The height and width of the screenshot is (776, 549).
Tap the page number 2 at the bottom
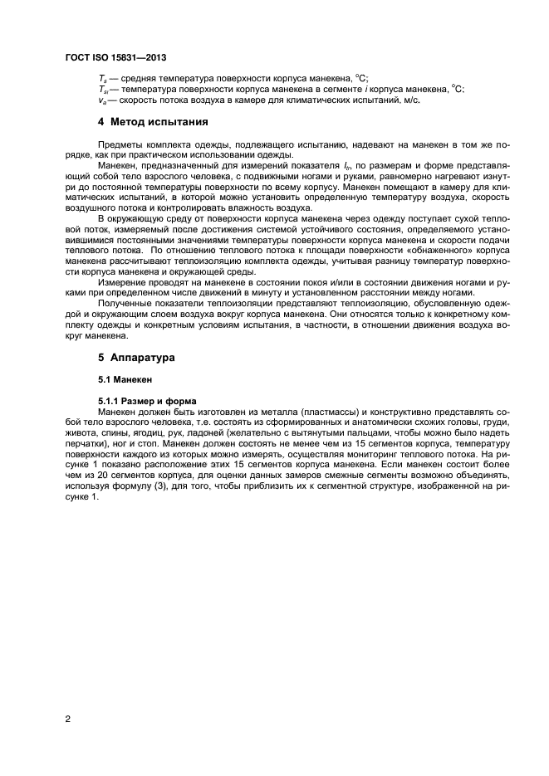pyautogui.click(x=66, y=720)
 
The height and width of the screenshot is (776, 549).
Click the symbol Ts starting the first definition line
pyautogui.click(x=100, y=77)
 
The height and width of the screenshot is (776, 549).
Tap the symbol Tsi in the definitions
pyautogui.click(x=102, y=89)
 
